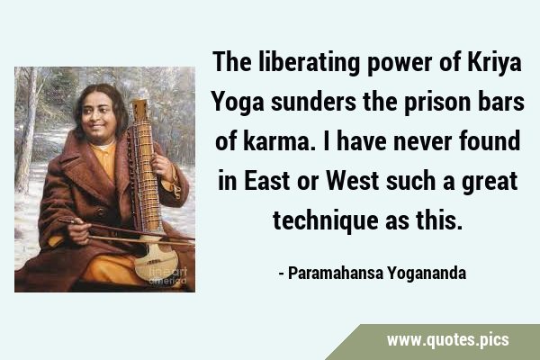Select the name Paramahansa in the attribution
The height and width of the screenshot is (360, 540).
coord(336,273)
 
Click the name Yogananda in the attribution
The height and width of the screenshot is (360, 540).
coord(427,274)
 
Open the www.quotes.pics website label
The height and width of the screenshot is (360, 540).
coord(447,340)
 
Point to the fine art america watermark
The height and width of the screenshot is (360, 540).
coord(167,276)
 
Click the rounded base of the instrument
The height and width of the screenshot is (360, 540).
coord(156,261)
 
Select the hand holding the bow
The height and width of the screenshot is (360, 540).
coord(79,231)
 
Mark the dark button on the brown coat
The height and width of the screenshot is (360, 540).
coord(100,211)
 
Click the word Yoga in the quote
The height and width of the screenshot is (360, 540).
coord(238,103)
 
